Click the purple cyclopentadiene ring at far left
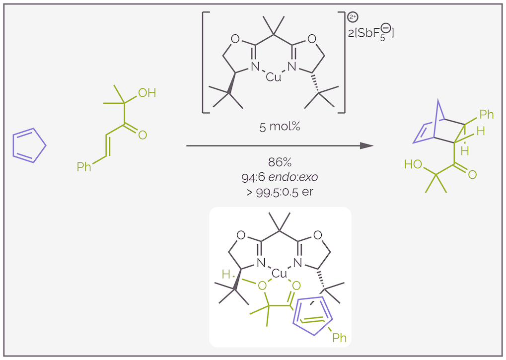[x=27, y=145]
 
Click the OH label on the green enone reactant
[x=147, y=93]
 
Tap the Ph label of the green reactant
[x=84, y=167]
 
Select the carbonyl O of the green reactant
[x=143, y=134]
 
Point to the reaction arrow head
[x=366, y=145]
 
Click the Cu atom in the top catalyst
[x=273, y=77]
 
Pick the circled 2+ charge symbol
[x=353, y=17]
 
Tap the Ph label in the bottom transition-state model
[x=339, y=338]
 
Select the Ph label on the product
[x=487, y=115]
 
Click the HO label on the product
[x=413, y=164]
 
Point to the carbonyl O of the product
[x=472, y=174]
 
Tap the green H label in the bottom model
[x=226, y=274]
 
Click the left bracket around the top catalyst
[x=205, y=62]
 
